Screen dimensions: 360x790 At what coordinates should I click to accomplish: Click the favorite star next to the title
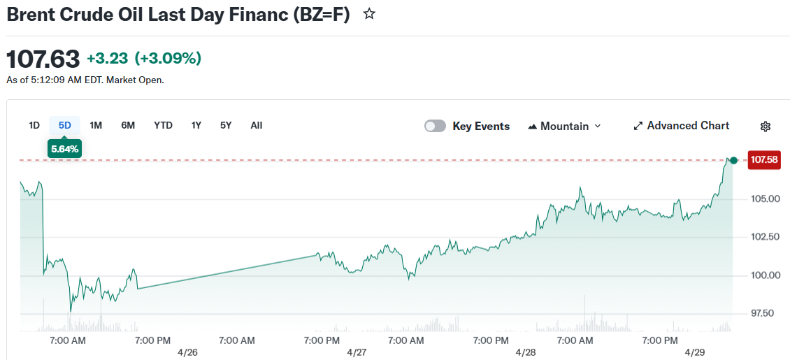[369, 14]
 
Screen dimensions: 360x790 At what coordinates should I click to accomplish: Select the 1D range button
[34, 125]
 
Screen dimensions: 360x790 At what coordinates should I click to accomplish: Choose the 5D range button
[65, 125]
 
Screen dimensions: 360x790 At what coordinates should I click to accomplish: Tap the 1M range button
[96, 125]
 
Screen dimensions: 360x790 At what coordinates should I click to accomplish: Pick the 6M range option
[128, 125]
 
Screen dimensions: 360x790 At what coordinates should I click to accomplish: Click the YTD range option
[163, 125]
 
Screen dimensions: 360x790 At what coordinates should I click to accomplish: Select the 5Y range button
[226, 125]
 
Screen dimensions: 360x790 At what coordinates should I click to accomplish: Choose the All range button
[257, 125]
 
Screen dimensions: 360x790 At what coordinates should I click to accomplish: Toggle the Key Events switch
[435, 126]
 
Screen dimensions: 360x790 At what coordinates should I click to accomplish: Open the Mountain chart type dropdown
[565, 126]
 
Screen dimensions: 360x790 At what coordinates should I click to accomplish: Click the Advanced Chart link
[681, 126]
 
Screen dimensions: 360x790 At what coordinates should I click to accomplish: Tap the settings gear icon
[766, 127]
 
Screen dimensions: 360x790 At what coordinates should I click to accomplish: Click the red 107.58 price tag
[763, 160]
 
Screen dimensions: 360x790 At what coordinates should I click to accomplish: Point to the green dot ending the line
[733, 161]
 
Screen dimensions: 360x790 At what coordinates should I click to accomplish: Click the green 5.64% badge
[64, 148]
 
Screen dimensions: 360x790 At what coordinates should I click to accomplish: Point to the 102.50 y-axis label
[765, 237]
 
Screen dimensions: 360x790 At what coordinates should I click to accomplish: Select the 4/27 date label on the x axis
[357, 352]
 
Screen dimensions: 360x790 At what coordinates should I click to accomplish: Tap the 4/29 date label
[695, 352]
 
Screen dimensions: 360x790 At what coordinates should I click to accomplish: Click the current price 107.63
[43, 59]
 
